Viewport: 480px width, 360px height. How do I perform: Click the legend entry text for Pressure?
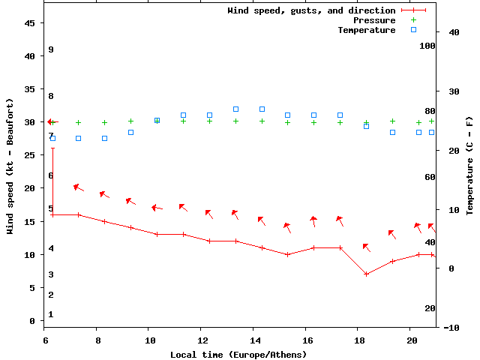tap(374, 20)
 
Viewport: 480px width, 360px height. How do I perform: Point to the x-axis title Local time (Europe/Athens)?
tap(238, 354)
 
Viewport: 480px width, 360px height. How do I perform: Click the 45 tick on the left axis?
tap(30, 23)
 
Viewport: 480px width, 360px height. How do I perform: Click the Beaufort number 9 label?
tap(51, 49)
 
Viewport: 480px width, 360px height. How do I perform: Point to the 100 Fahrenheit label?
tap(427, 46)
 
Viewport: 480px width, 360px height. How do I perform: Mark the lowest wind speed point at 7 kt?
tap(366, 274)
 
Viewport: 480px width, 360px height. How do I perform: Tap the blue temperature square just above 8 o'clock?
tap(104, 138)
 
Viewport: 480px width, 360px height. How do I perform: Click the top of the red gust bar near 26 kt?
tap(52, 148)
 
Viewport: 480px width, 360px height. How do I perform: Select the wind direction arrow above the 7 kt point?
tap(366, 247)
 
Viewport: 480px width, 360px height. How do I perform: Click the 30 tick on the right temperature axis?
tap(451, 91)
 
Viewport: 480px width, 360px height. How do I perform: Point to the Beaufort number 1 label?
tap(51, 314)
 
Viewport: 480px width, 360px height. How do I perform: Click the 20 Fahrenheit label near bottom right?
tap(430, 308)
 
